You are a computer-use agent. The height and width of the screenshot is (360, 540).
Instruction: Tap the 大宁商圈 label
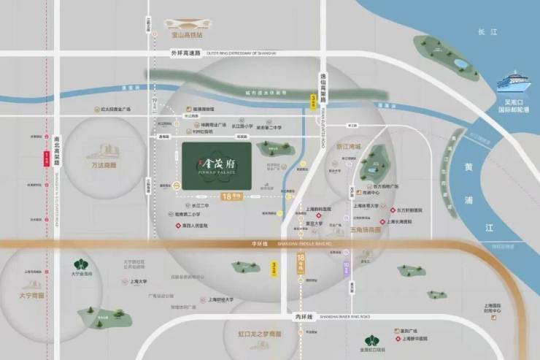click(31, 295)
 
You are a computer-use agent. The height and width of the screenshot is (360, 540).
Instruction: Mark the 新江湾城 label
click(349, 146)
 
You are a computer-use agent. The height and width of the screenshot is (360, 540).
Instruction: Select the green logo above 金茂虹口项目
click(372, 342)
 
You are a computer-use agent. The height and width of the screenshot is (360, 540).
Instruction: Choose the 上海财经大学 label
click(221, 299)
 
